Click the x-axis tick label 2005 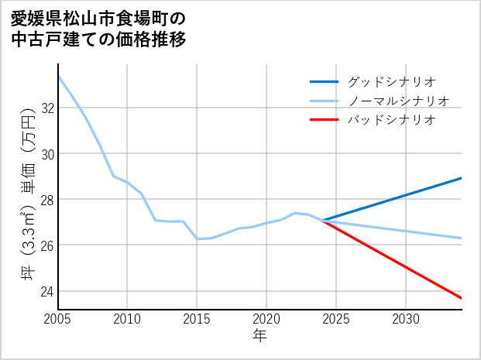57,319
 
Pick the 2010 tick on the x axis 127,319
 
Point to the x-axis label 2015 197,319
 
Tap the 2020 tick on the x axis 266,319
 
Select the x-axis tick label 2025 336,319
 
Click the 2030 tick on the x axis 406,319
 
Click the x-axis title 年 259,336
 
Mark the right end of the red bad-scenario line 462,298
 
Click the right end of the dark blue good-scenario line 462,178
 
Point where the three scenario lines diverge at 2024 323,221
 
